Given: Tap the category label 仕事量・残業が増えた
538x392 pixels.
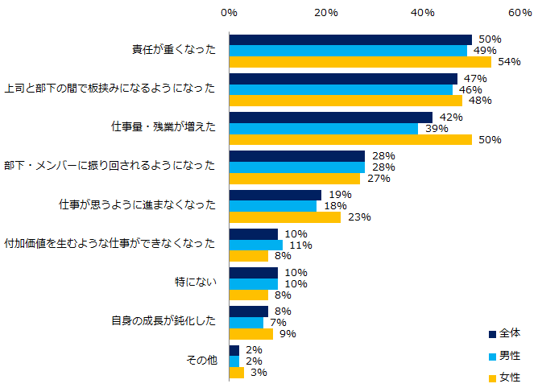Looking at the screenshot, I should (x=163, y=127).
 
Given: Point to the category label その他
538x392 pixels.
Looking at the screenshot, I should (x=197, y=361).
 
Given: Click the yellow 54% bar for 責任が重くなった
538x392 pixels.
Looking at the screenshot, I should (x=360, y=62).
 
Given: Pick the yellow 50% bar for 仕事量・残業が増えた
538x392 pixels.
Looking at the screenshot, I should (x=350, y=139).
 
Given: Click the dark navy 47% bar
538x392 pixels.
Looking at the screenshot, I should (x=343, y=79).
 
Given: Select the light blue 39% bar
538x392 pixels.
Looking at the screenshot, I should (x=324, y=128).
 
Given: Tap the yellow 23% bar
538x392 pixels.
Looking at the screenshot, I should (x=285, y=217).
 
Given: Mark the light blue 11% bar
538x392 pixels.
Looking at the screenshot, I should (x=256, y=245).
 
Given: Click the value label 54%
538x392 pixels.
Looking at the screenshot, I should (x=509, y=62).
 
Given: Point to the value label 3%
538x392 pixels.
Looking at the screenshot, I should (x=258, y=373).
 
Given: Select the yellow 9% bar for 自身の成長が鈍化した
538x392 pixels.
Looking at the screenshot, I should (x=251, y=333).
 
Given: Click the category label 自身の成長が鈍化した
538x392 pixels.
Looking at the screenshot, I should (x=163, y=321).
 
